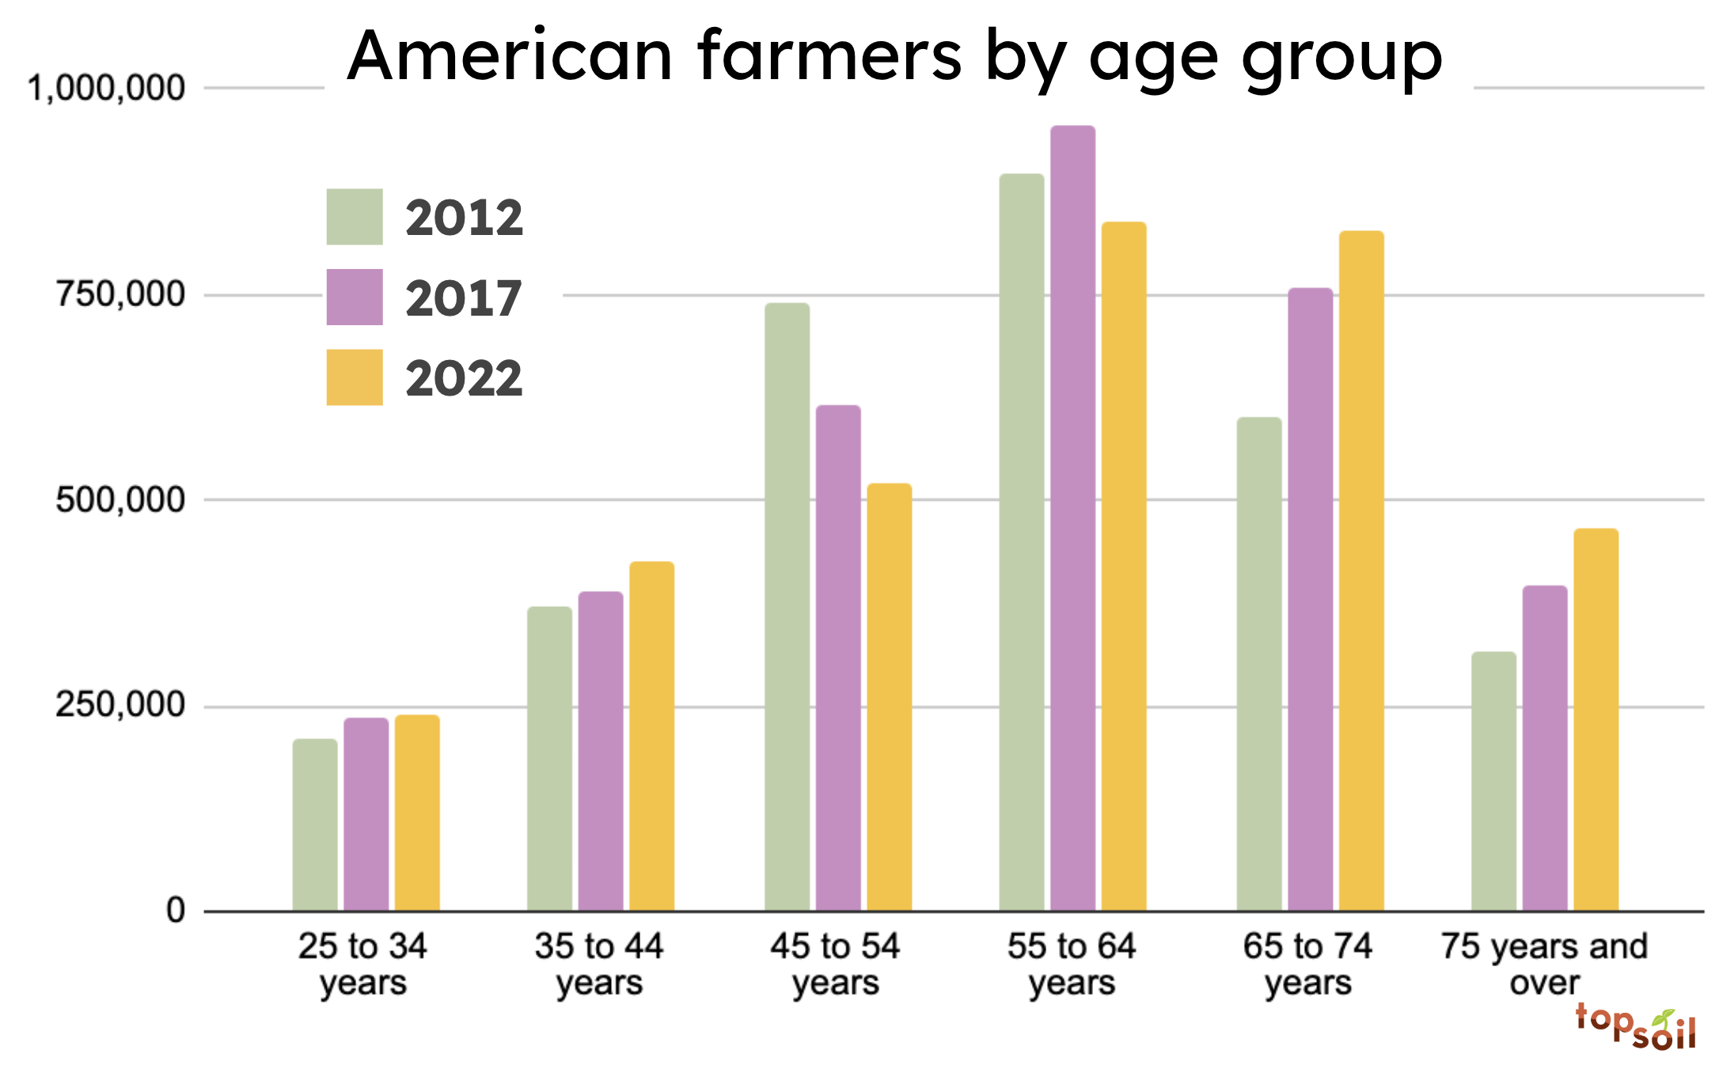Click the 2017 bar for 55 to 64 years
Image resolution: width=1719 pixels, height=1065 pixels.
[1072, 518]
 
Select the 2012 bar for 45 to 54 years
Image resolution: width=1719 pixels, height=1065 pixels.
[787, 607]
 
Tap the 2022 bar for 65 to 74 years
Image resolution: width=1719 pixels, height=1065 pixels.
[1361, 570]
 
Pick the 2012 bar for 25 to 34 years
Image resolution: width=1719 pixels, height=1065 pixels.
[315, 824]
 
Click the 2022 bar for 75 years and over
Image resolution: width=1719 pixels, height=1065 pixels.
[1596, 719]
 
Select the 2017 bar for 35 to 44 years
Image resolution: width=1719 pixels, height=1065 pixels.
[601, 751]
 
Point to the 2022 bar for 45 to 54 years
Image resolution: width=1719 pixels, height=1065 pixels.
[889, 697]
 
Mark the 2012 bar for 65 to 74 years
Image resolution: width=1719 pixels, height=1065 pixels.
[1259, 664]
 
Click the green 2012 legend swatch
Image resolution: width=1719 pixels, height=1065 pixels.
[355, 217]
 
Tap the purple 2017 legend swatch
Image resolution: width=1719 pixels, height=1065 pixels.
[355, 298]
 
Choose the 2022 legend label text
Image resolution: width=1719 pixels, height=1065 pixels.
[465, 378]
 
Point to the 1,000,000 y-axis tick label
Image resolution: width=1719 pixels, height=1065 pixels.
[106, 88]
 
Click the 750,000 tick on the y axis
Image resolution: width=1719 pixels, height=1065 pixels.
[120, 294]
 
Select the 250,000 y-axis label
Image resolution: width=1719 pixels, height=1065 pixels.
[120, 704]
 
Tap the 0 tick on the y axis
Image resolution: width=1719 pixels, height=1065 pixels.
[176, 910]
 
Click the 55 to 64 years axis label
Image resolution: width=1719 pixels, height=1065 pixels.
[1072, 964]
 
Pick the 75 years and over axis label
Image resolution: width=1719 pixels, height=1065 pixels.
[1544, 964]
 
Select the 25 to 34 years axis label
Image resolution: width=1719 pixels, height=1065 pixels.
[362, 964]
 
